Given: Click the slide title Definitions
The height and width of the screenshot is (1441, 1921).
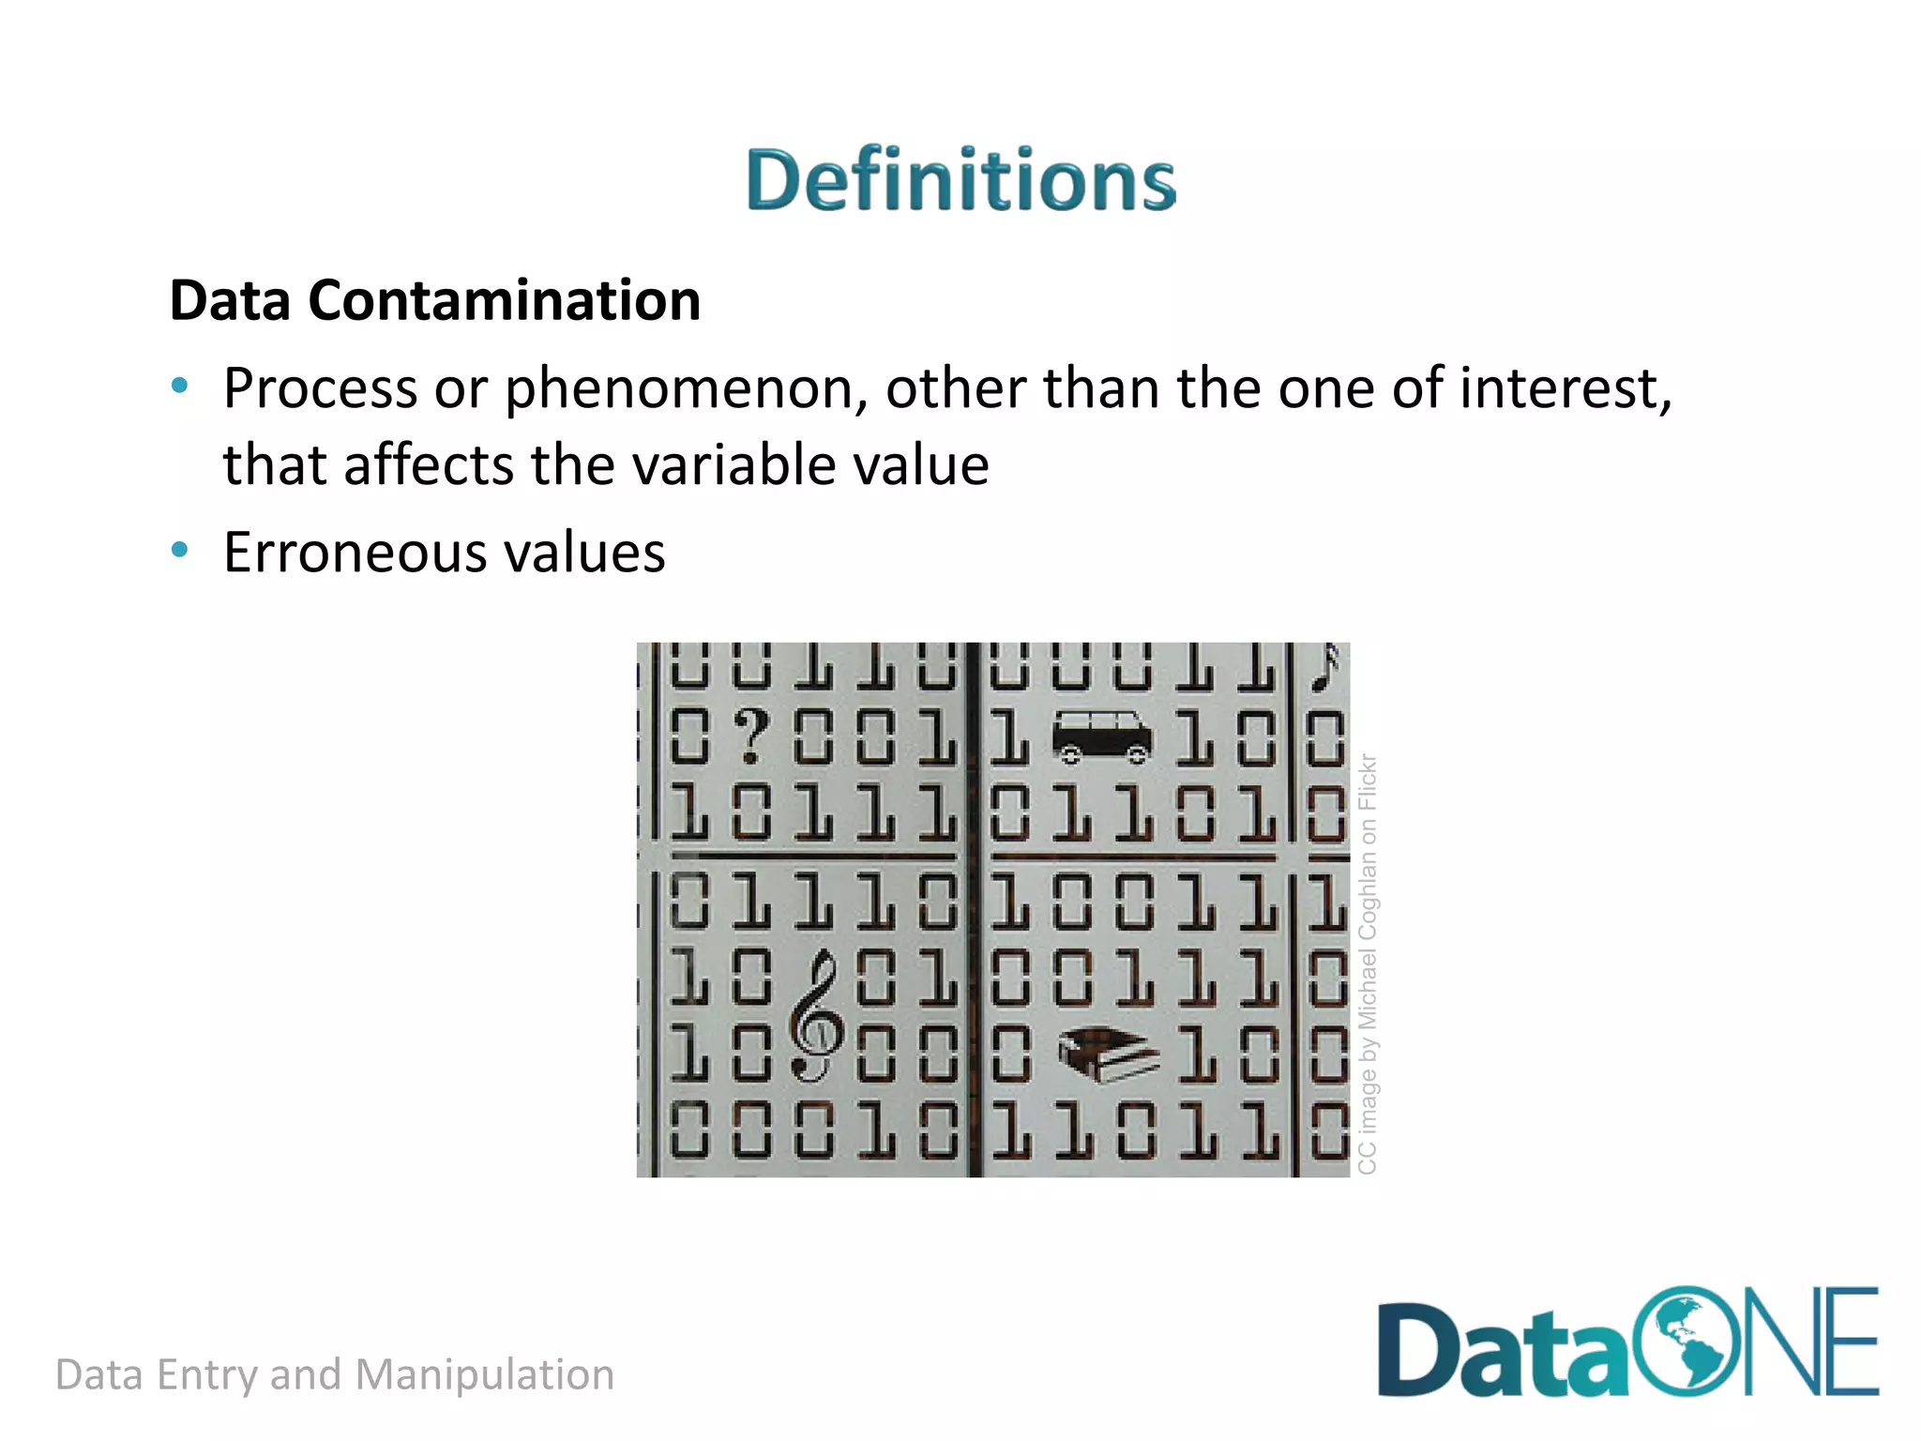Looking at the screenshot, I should (x=960, y=179).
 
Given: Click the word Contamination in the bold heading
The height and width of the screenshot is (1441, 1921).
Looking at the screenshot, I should (x=504, y=300).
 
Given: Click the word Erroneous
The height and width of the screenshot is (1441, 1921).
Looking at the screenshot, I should (x=355, y=553).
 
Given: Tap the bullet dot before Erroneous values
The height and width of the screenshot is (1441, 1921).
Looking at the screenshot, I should (x=179, y=550).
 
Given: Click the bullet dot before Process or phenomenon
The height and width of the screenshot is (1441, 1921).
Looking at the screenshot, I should (x=179, y=386).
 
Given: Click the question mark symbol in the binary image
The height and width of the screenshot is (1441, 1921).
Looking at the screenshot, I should (x=751, y=736).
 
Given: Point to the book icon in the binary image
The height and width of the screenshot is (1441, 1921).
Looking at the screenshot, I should (x=1108, y=1054).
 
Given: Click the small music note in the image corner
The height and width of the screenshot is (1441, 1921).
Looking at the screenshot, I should (x=1325, y=667).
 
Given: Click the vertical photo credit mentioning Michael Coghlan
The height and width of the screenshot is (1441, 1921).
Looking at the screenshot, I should (x=1368, y=963).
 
